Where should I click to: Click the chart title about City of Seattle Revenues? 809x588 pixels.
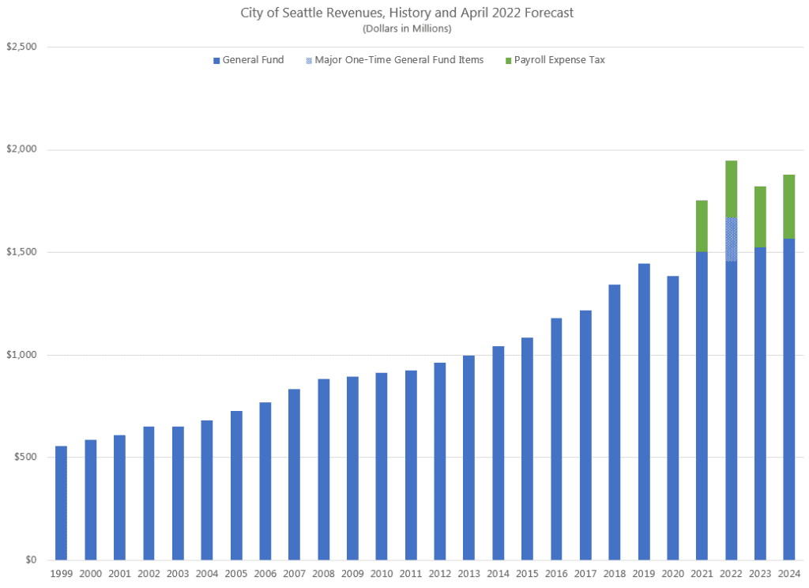pyautogui.click(x=406, y=13)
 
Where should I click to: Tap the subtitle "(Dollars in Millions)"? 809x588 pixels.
pyautogui.click(x=406, y=29)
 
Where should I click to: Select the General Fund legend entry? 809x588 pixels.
pyautogui.click(x=248, y=60)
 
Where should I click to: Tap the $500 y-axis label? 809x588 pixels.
pyautogui.click(x=26, y=457)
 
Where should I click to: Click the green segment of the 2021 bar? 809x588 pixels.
pyautogui.click(x=702, y=226)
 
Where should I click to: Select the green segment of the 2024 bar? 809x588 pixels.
pyautogui.click(x=788, y=206)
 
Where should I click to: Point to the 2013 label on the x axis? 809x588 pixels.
pyautogui.click(x=468, y=574)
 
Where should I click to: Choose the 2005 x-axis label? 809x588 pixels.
pyautogui.click(x=235, y=574)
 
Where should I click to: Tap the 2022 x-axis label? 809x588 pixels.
pyautogui.click(x=731, y=574)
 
